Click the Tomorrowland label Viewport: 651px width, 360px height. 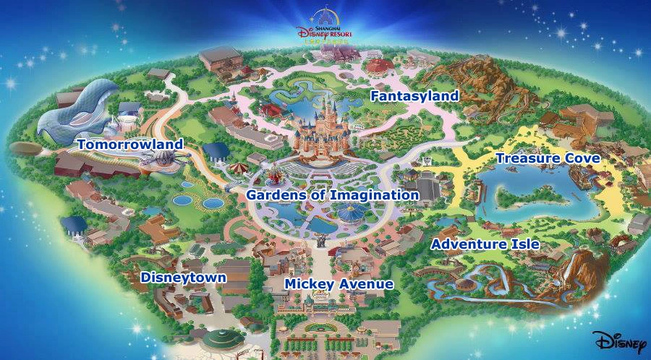point(130,145)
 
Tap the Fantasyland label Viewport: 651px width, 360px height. point(414,95)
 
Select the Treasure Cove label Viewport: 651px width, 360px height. point(548,158)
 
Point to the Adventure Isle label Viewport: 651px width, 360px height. point(485,244)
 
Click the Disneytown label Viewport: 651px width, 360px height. point(183,277)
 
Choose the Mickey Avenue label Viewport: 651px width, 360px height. point(339,283)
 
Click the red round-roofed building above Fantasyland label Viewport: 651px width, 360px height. point(377,67)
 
